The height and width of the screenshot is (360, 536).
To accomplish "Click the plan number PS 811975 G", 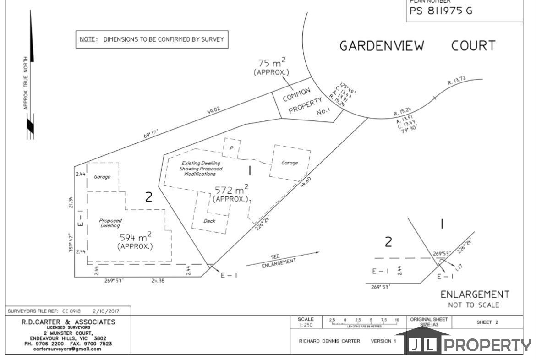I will point(440,11).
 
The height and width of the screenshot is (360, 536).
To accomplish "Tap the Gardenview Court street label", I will point(417,46).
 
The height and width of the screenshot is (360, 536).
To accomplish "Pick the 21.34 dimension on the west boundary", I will point(70,202).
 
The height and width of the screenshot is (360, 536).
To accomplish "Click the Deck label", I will point(209,221).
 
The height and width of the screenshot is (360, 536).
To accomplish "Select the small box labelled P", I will point(232,147).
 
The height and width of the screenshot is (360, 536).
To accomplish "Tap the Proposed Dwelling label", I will point(110,223).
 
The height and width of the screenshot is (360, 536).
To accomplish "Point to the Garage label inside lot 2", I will point(102,177).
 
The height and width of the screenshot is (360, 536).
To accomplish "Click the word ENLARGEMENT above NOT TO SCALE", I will point(475,295).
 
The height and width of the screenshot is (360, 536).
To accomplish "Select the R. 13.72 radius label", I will point(456,82).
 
